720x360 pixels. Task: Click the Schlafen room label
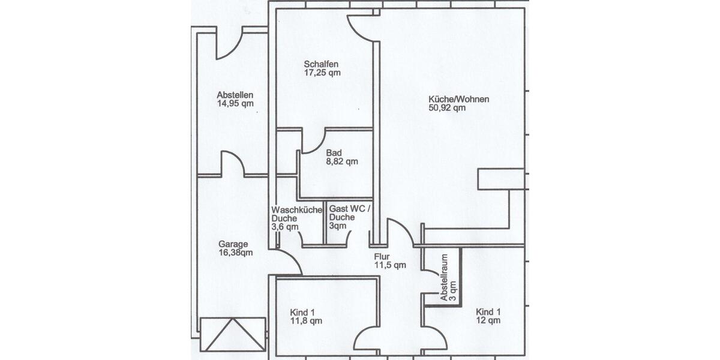point(322,64)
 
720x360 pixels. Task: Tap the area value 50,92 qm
point(447,108)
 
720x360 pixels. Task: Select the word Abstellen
point(235,95)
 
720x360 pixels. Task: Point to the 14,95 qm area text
point(235,103)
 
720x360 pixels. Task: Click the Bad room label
point(334,152)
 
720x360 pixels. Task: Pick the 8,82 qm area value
point(341,161)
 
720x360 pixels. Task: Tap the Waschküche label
point(296,210)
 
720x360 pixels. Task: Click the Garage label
point(233,244)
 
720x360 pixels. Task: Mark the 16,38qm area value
point(235,253)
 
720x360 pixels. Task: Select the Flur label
point(382,256)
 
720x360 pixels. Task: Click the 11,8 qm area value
point(306,321)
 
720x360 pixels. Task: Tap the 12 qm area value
point(488,321)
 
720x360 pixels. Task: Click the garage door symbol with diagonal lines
point(233,334)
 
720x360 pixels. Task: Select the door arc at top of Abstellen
point(229,44)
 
